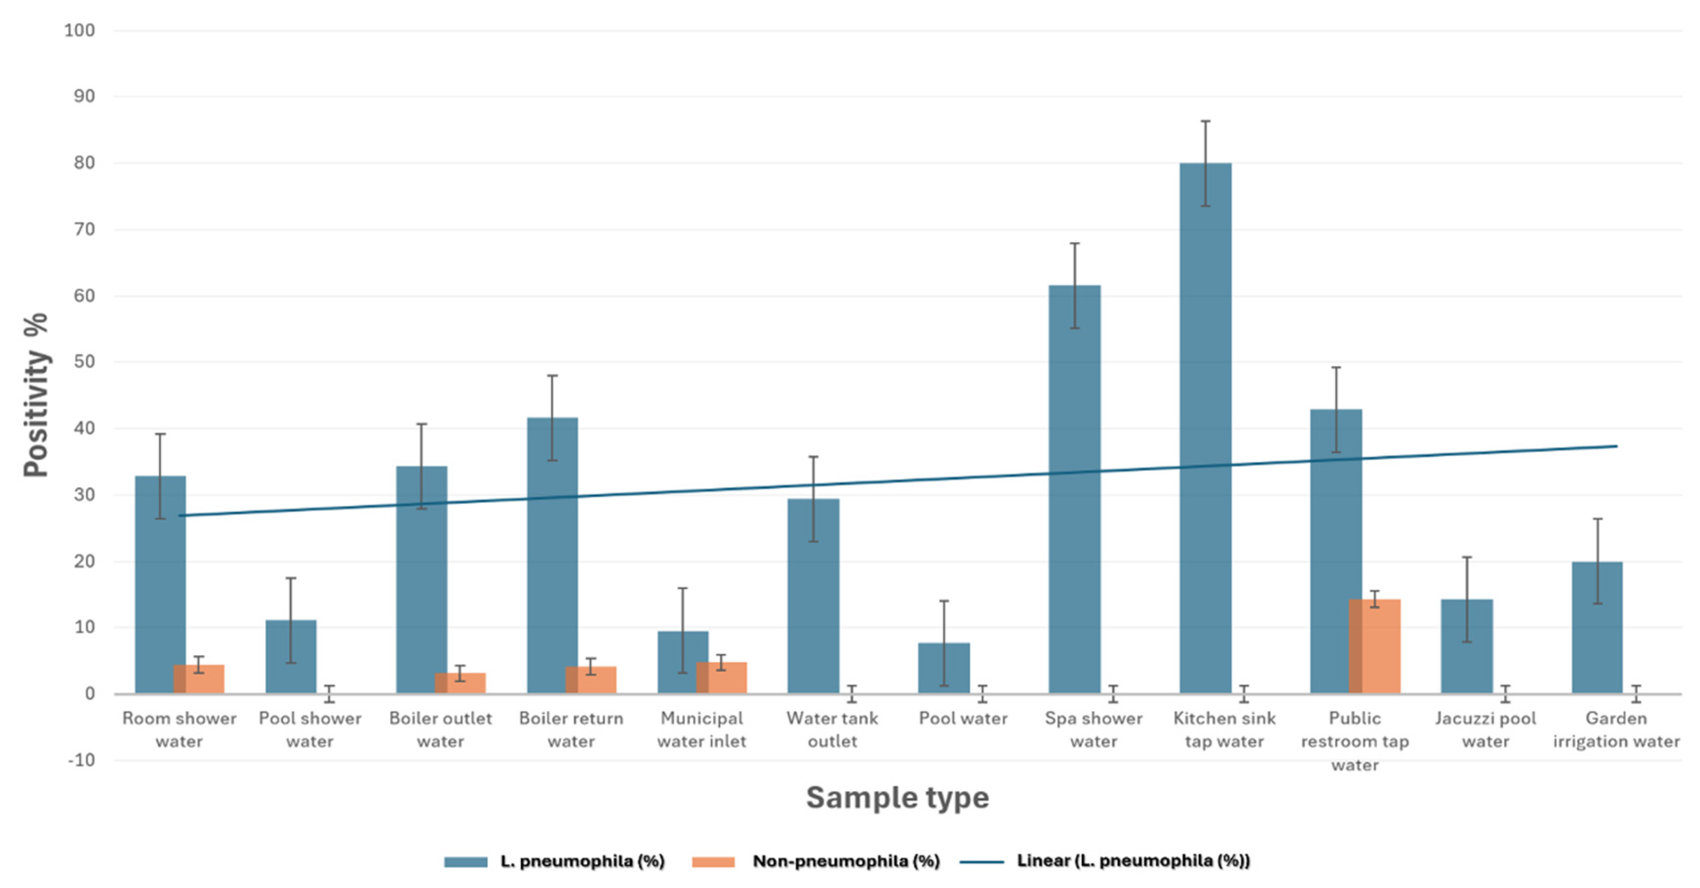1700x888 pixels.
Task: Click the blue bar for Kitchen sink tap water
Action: pos(1205,429)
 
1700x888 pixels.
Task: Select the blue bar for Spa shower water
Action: pos(1074,488)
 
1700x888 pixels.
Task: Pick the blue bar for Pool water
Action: pos(944,668)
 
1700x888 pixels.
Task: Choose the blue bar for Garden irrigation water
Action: pos(1597,627)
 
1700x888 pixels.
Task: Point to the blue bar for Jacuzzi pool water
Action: pos(1466,647)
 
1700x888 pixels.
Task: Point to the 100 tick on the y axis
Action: pos(79,31)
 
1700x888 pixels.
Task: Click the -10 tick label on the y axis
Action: pos(82,760)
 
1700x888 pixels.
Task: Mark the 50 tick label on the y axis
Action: pos(84,362)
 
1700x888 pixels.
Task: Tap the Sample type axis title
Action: pos(898,798)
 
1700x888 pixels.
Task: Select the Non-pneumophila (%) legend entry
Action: pos(845,861)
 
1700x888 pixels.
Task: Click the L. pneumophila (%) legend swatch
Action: pos(465,862)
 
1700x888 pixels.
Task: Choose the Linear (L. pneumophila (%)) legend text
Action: pos(1133,861)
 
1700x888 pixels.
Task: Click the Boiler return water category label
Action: pos(571,729)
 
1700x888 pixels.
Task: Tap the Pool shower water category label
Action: pos(309,729)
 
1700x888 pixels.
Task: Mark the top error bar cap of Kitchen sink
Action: pos(1205,121)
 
